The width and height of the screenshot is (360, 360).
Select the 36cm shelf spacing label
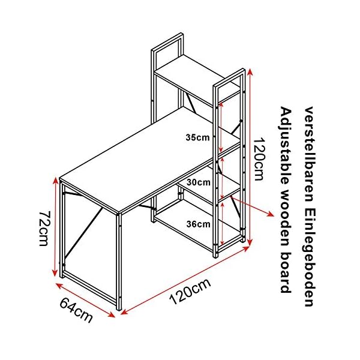point(197,225)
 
